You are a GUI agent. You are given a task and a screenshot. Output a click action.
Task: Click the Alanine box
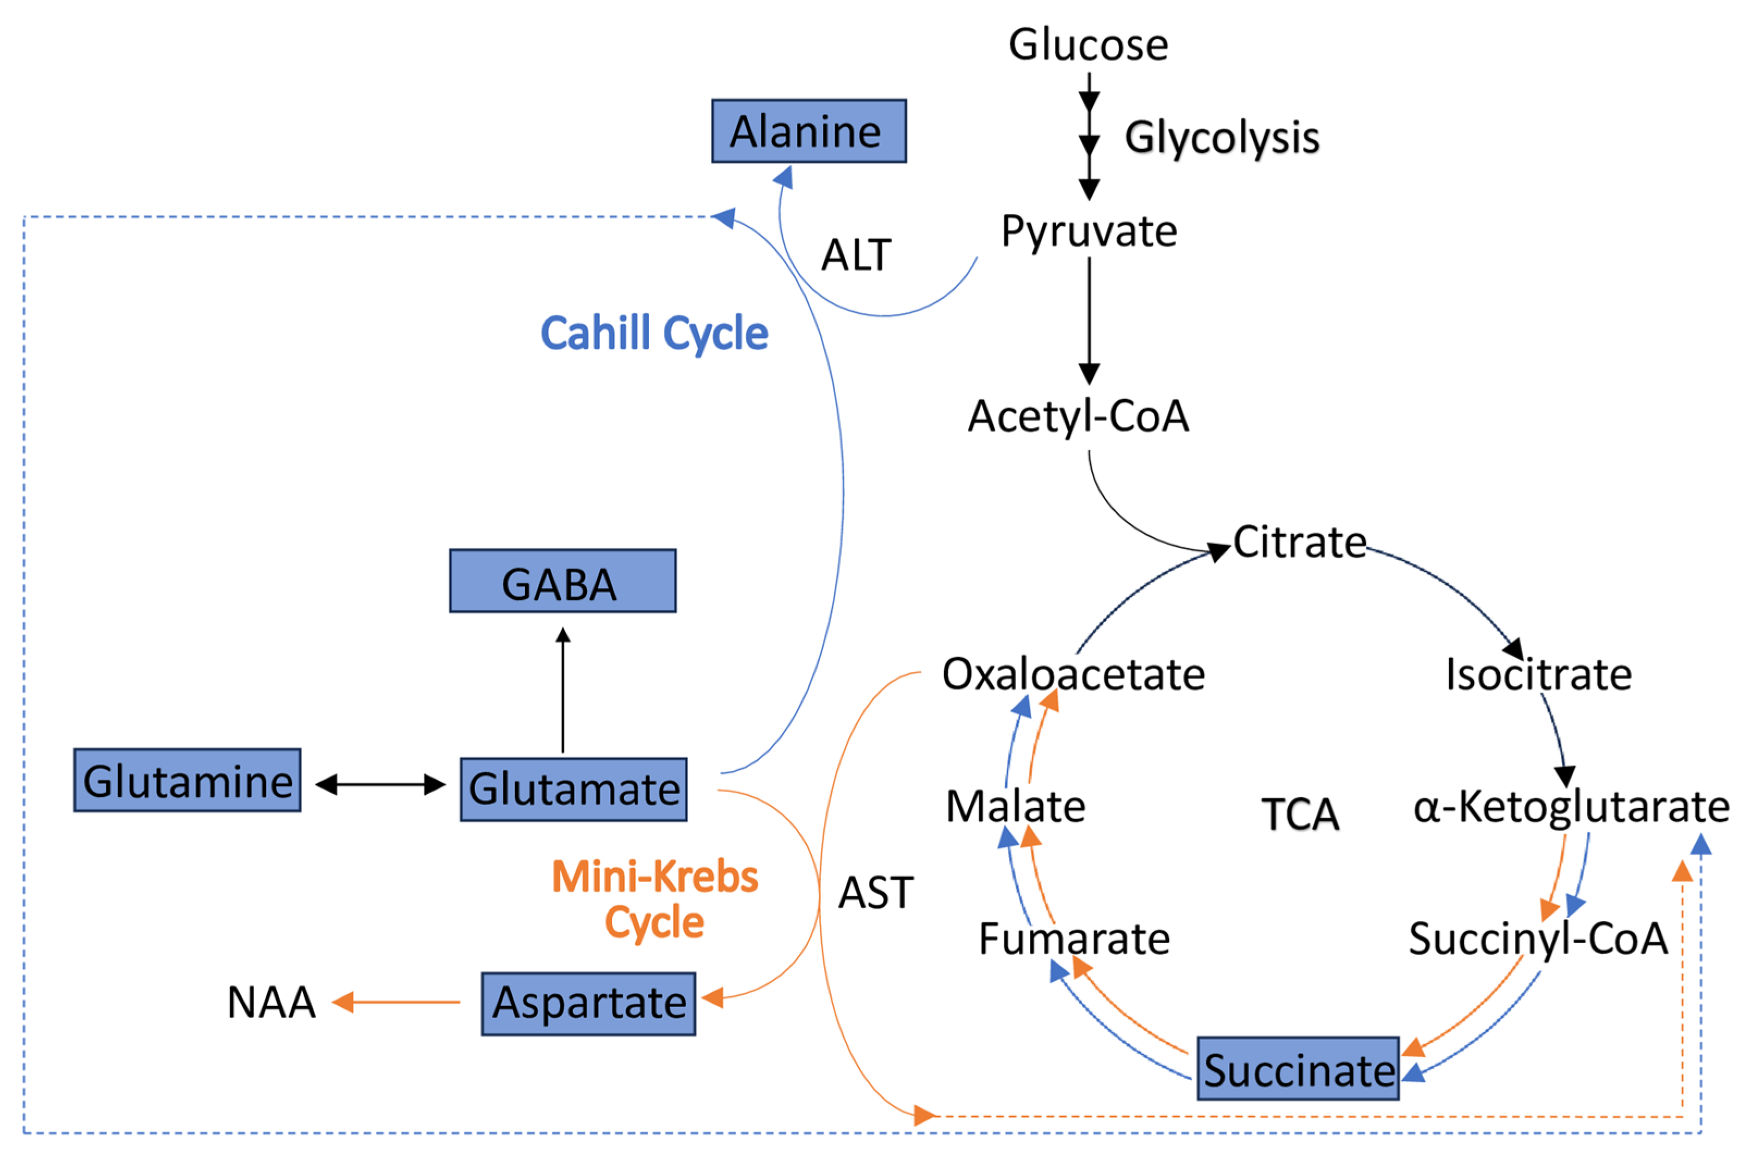(808, 131)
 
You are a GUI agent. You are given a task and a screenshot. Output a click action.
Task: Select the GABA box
(563, 581)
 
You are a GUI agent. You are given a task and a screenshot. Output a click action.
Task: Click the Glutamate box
(574, 789)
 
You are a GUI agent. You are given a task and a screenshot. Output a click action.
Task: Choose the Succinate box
(1297, 1069)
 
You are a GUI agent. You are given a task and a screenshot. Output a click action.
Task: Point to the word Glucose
(1088, 44)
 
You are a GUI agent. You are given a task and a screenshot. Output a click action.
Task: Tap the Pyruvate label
(1089, 231)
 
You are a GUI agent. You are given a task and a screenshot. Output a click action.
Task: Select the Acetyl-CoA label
(1078, 416)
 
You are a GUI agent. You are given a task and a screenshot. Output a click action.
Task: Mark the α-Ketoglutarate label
(1571, 807)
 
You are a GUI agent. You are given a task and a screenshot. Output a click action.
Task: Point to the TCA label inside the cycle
(1300, 814)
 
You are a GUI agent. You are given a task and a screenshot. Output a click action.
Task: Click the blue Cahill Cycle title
(654, 333)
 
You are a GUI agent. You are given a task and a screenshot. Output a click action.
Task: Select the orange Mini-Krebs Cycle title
(654, 898)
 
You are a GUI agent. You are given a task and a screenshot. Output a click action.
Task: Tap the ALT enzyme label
(856, 255)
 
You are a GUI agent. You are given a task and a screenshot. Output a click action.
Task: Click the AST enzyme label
(876, 892)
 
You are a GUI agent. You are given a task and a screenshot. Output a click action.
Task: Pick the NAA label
(271, 1002)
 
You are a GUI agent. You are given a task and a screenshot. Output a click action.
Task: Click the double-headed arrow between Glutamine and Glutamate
(380, 785)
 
